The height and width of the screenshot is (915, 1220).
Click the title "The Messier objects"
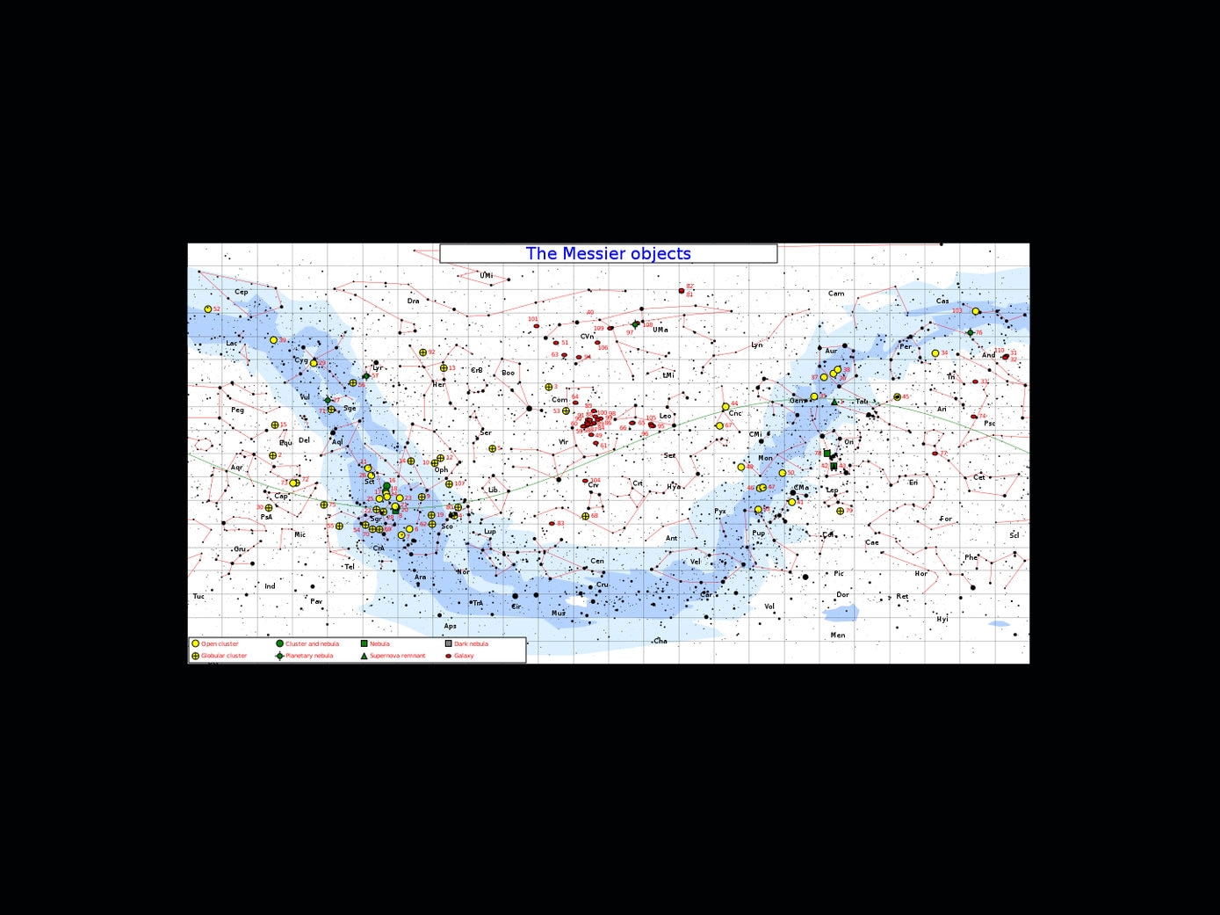(608, 254)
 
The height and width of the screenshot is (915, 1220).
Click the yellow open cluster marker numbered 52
(208, 309)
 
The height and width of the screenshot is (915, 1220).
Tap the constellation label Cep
(242, 292)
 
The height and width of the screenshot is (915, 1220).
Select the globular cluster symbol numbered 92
(422, 352)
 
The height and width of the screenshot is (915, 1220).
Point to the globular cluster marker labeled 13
(444, 368)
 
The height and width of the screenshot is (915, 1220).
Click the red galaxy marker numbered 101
(537, 326)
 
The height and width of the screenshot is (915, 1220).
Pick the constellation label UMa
(661, 330)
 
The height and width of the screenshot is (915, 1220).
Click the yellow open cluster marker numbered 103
(975, 311)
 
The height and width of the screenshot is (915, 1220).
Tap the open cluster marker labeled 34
(935, 353)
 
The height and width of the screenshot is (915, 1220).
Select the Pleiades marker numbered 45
(897, 397)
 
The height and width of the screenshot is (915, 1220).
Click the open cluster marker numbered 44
(726, 407)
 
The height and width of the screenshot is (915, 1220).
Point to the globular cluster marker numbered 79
(841, 511)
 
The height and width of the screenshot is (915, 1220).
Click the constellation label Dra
(413, 301)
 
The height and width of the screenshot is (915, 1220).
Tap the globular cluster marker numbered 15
(275, 425)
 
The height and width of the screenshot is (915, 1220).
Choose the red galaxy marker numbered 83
(552, 524)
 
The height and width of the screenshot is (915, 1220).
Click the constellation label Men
(838, 635)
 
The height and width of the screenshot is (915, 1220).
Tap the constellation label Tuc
(199, 596)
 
